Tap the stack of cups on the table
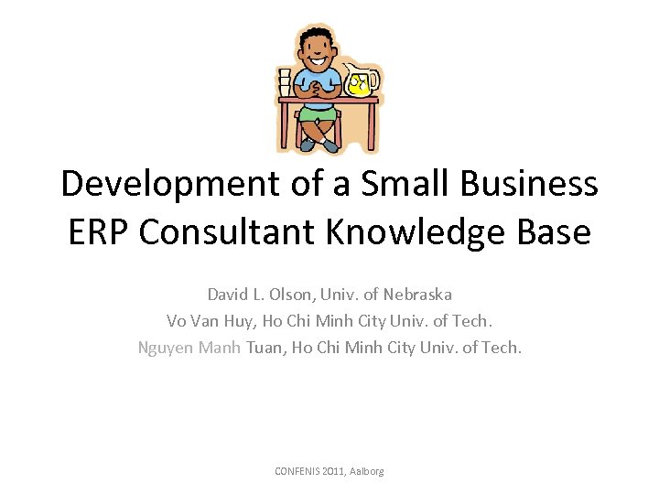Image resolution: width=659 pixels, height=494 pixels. click(285, 81)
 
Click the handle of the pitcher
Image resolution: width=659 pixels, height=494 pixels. click(374, 80)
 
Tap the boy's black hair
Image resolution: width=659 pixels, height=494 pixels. click(317, 34)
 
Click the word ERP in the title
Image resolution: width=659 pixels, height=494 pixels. click(99, 232)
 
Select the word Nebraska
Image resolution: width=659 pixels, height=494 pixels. click(417, 295)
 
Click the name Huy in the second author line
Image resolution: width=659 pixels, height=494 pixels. click(238, 321)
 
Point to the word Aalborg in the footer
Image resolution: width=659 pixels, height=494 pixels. click(366, 471)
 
